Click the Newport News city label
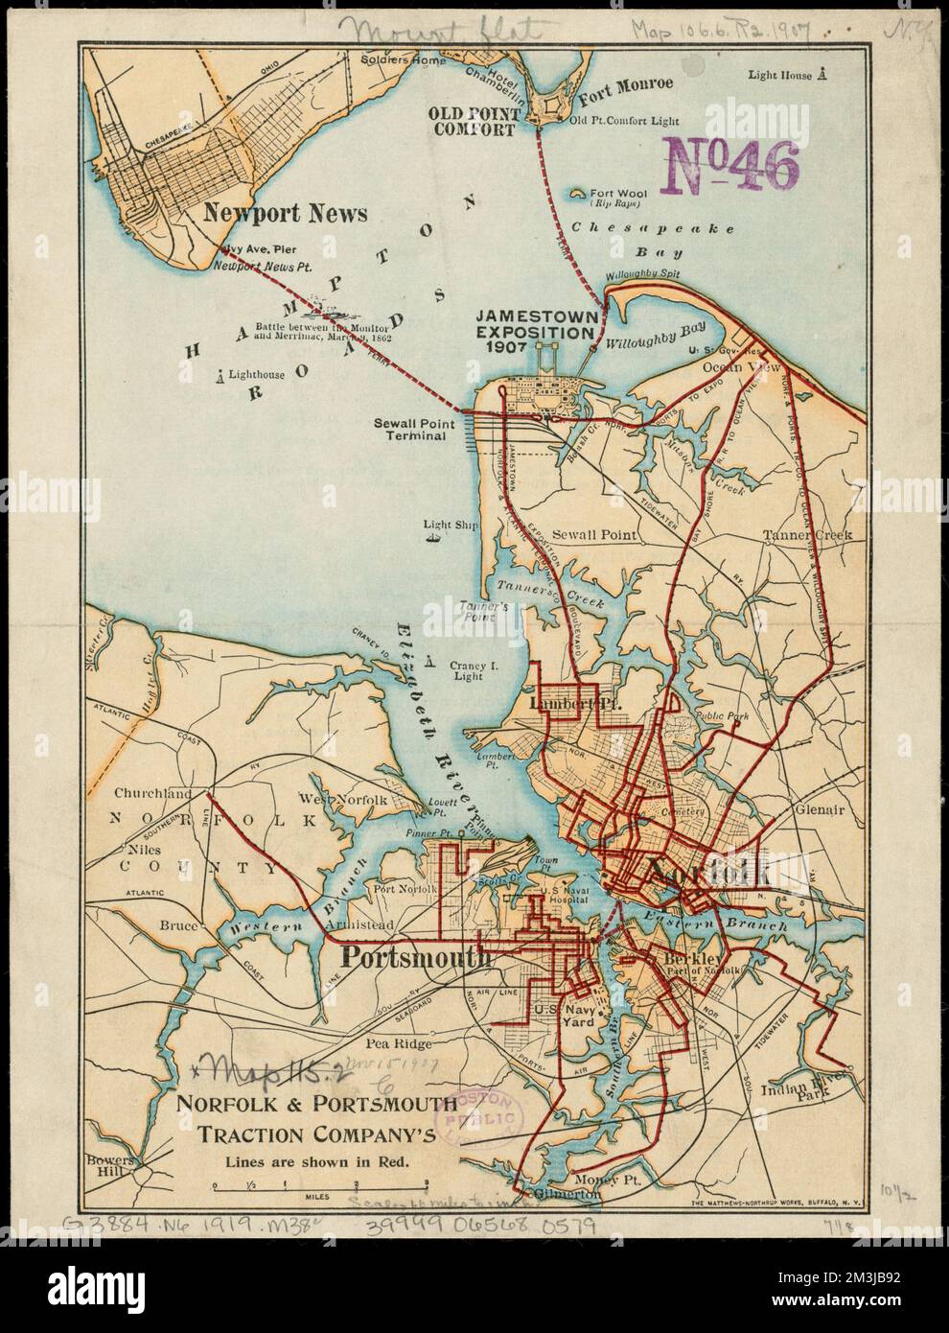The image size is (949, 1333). point(285,213)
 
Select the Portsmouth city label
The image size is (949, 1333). point(417,957)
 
